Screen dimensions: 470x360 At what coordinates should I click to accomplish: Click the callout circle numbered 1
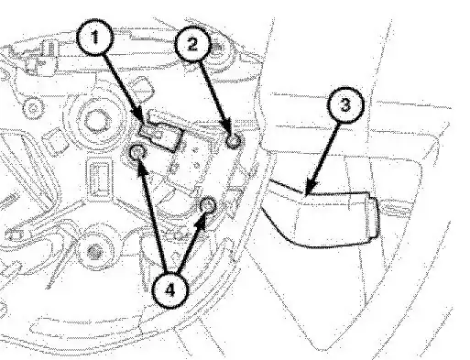95,38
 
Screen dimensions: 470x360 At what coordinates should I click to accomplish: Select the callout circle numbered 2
192,44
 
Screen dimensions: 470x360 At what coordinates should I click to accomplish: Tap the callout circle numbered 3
345,105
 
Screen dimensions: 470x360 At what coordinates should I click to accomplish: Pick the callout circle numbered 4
169,290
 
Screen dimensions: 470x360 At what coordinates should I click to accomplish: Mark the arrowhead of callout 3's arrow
310,186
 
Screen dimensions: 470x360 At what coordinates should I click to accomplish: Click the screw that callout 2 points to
234,141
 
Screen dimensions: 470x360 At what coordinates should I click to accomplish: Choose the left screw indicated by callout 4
137,152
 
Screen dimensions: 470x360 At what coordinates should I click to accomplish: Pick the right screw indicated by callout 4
208,205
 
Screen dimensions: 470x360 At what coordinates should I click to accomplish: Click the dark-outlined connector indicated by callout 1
161,135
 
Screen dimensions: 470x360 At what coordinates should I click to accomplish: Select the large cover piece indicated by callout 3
320,213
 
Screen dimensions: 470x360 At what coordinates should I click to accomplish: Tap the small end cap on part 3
373,217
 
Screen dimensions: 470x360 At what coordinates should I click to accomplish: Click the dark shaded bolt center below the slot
94,252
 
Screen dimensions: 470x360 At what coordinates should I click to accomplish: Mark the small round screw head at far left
33,108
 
